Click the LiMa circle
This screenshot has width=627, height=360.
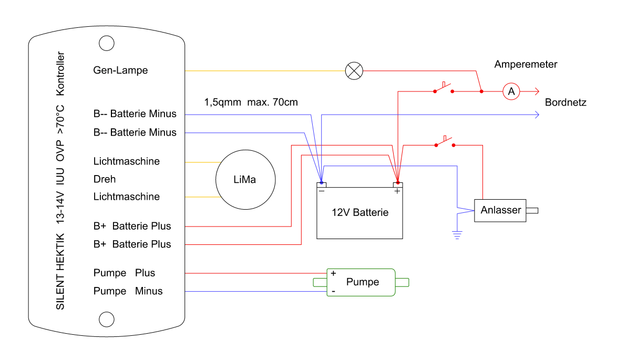(x=245, y=180)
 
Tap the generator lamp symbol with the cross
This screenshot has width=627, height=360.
(x=354, y=70)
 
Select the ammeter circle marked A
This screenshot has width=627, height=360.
(x=510, y=91)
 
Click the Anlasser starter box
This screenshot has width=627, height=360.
(x=500, y=210)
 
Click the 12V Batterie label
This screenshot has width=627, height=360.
(x=360, y=213)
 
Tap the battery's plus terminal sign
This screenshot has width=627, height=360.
(x=397, y=191)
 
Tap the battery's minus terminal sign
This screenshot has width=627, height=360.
(x=321, y=191)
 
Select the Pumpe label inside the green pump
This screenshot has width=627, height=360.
(x=363, y=282)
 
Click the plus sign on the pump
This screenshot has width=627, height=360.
(x=333, y=273)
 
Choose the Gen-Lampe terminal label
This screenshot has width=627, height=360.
(x=120, y=70)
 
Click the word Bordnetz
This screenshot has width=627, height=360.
(x=566, y=102)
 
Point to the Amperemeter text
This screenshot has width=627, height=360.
(x=526, y=65)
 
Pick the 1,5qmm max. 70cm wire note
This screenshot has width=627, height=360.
(x=251, y=102)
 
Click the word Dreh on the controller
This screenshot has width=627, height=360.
(x=105, y=179)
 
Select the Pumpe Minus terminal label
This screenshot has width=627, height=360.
(x=128, y=291)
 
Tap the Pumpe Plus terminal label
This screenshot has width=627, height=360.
(x=124, y=273)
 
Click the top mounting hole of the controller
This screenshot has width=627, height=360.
(x=107, y=43)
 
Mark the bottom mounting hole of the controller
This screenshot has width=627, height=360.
(x=107, y=318)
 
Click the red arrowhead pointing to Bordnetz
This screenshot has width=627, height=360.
(x=536, y=91)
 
